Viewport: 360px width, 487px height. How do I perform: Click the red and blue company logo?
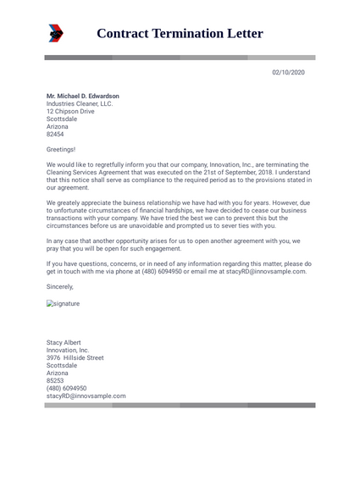(x=55, y=33)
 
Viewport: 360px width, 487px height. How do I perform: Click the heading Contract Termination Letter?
(x=180, y=34)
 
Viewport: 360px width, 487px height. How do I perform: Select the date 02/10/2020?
(x=288, y=73)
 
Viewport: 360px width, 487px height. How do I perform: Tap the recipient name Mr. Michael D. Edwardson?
(x=82, y=97)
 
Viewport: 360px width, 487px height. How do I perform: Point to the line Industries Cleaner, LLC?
(x=79, y=104)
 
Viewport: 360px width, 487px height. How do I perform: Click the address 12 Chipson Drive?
(x=70, y=112)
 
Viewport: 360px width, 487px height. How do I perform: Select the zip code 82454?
(x=55, y=135)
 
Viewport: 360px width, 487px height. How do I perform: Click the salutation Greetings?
(x=60, y=149)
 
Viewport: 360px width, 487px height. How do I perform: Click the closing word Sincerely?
(x=60, y=287)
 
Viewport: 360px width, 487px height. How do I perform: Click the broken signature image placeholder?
(x=63, y=303)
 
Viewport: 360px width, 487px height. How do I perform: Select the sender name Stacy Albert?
(x=64, y=343)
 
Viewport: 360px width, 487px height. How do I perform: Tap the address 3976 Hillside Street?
(x=75, y=358)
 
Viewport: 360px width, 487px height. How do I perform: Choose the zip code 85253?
(x=55, y=381)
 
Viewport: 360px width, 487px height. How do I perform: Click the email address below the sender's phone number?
(x=86, y=396)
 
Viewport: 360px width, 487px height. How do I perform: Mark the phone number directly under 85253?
(x=66, y=389)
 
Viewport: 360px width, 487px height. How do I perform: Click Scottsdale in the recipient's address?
(x=62, y=119)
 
